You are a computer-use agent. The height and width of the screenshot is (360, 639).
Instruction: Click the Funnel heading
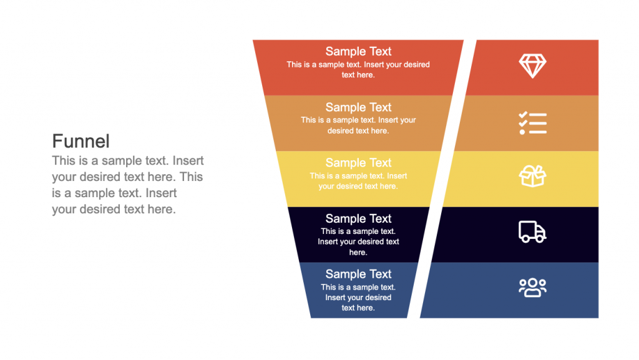point(80,140)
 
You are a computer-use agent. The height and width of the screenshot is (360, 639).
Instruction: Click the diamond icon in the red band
point(532,66)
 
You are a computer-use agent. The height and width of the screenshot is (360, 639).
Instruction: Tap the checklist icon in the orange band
point(532,123)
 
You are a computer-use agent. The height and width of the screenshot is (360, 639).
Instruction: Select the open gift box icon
point(532,177)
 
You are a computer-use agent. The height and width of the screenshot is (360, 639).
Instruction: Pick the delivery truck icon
point(532,231)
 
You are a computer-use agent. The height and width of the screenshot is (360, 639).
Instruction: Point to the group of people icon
point(532,287)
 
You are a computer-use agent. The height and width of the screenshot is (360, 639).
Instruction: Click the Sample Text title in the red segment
point(358,52)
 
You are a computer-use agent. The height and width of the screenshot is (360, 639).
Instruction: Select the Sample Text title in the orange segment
point(358,107)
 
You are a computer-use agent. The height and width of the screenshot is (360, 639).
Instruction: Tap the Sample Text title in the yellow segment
point(358,163)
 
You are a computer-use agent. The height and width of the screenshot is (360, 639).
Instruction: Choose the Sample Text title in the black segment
point(358,218)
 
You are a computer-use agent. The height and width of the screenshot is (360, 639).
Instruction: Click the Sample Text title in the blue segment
point(358,274)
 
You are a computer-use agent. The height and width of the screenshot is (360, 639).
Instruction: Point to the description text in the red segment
point(358,69)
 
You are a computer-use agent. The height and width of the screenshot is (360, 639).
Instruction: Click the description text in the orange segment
point(358,125)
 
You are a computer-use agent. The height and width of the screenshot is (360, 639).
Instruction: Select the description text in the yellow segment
point(358,181)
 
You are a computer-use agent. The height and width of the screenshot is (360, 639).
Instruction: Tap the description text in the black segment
point(358,241)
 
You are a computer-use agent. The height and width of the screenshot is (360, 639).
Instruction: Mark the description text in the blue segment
point(358,297)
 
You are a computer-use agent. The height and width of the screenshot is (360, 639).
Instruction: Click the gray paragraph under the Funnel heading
point(127,185)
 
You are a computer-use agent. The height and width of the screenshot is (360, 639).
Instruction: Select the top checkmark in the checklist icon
point(523,114)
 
